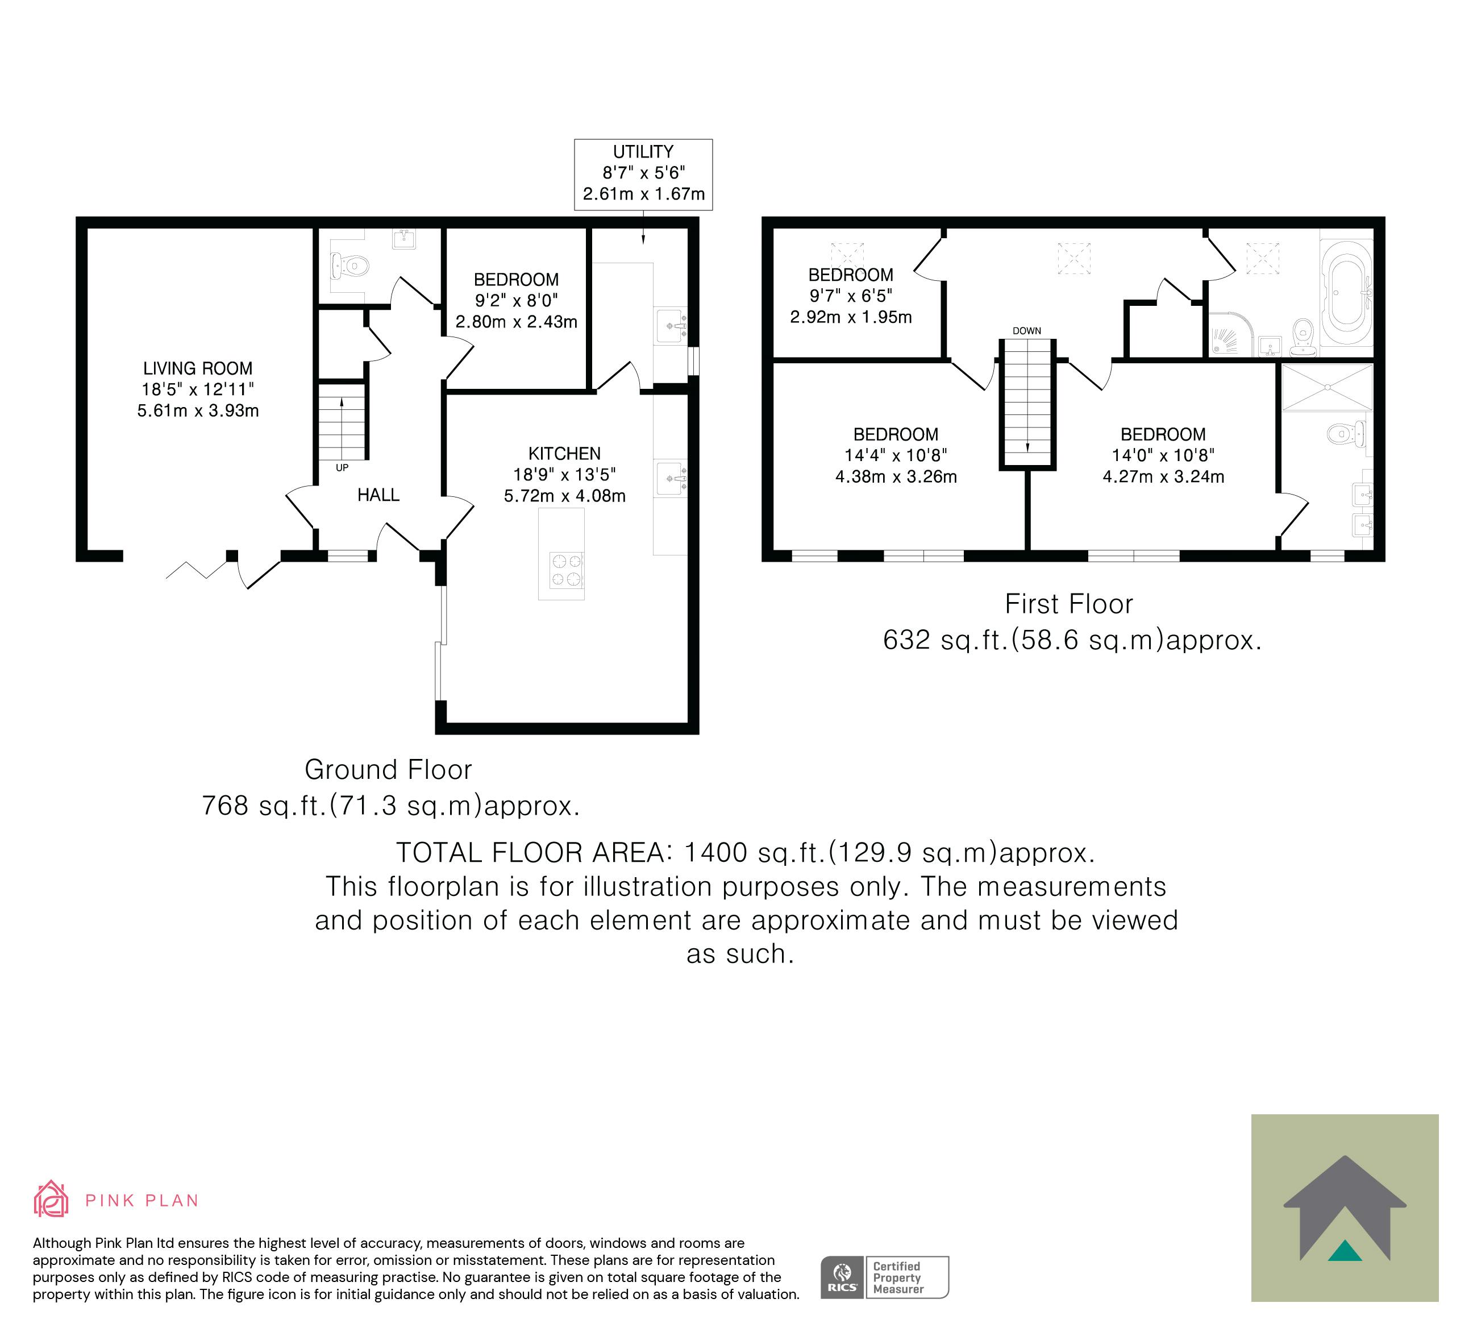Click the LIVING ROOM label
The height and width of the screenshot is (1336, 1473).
coord(197,368)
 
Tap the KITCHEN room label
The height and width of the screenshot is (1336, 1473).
coord(564,454)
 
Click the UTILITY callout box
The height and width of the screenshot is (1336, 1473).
coord(643,175)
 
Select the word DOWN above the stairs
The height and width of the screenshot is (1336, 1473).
coord(1026,331)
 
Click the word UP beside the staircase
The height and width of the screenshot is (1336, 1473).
coord(342,468)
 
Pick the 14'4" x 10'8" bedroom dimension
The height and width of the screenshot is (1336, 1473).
coord(896,455)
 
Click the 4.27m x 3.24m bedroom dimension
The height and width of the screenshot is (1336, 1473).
coord(1163,477)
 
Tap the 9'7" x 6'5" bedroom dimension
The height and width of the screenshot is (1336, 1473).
coord(851,296)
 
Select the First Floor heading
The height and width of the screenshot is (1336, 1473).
coord(1069,604)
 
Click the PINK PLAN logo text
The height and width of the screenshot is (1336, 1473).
coord(142,1201)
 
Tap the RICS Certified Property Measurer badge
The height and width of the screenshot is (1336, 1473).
coord(884,1277)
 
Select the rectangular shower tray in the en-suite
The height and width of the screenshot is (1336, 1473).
coord(1327,387)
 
